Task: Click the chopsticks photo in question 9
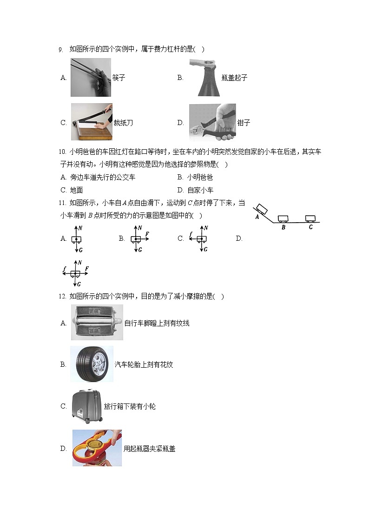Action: [91, 77]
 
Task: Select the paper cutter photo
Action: [92, 122]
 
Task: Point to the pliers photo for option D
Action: [212, 122]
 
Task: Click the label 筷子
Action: [119, 78]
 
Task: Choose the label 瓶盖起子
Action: [235, 78]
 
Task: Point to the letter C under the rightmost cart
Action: [310, 227]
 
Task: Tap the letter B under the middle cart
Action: [283, 228]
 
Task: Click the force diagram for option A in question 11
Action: [76, 239]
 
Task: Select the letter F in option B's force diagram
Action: [147, 234]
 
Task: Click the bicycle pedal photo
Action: [97, 322]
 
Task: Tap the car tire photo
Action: [92, 364]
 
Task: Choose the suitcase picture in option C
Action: [87, 406]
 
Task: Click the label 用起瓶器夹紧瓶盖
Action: [150, 449]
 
